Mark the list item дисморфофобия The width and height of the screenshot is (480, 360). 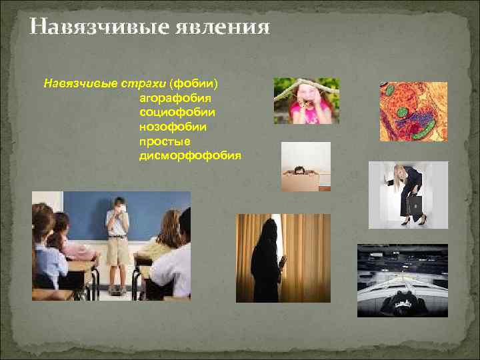coord(190,155)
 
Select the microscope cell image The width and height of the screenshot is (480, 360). coord(413,111)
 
